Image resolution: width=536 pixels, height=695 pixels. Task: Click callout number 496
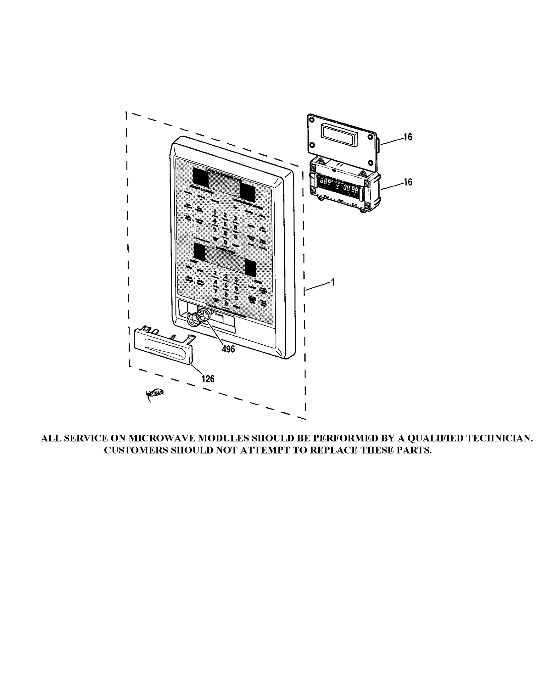pos(228,349)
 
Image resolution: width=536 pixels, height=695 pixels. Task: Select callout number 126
pos(208,379)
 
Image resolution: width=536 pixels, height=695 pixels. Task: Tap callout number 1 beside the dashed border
pos(333,282)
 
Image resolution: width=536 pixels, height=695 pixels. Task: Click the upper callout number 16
pos(407,137)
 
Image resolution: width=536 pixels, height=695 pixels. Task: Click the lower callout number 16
pos(407,182)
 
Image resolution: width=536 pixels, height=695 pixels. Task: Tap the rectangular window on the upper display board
pos(338,134)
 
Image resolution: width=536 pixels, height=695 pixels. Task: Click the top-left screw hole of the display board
pos(312,119)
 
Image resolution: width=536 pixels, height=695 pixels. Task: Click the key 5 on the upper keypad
pos(225,223)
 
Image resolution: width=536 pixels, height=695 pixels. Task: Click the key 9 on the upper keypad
pos(236,236)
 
